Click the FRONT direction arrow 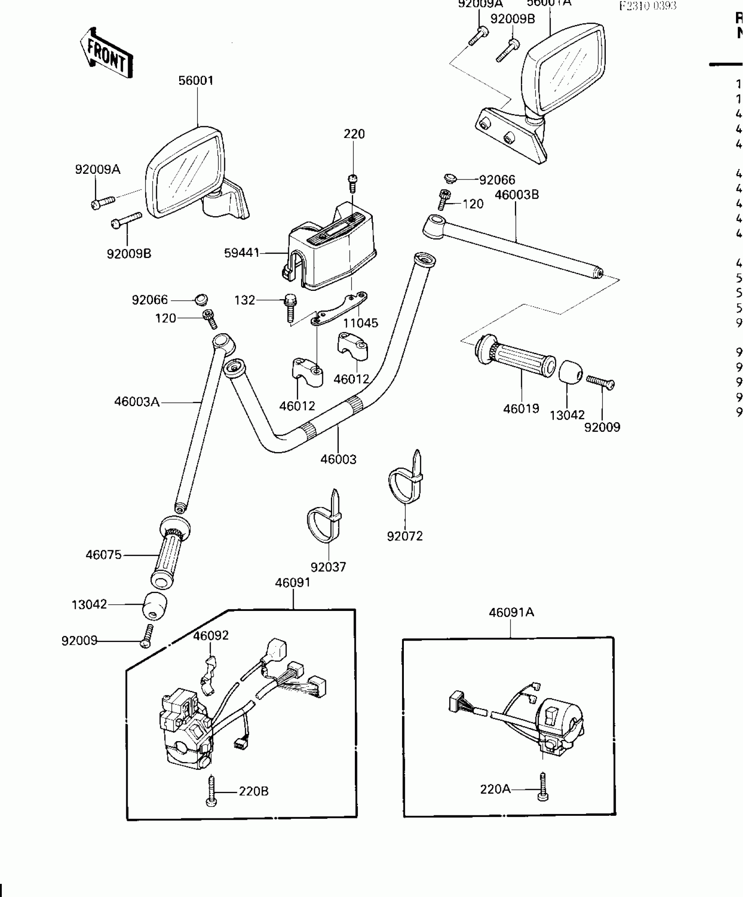(x=106, y=53)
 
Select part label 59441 (x=241, y=253)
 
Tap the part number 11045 (x=360, y=323)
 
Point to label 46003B (x=517, y=195)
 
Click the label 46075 (x=104, y=555)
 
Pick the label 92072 (x=405, y=536)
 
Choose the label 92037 (x=328, y=567)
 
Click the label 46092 (x=211, y=635)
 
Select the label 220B (x=253, y=791)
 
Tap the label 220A (x=495, y=789)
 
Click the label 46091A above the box (x=511, y=612)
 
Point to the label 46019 (x=521, y=409)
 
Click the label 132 (x=244, y=300)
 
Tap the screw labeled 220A (x=543, y=787)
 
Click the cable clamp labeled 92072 (x=406, y=480)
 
